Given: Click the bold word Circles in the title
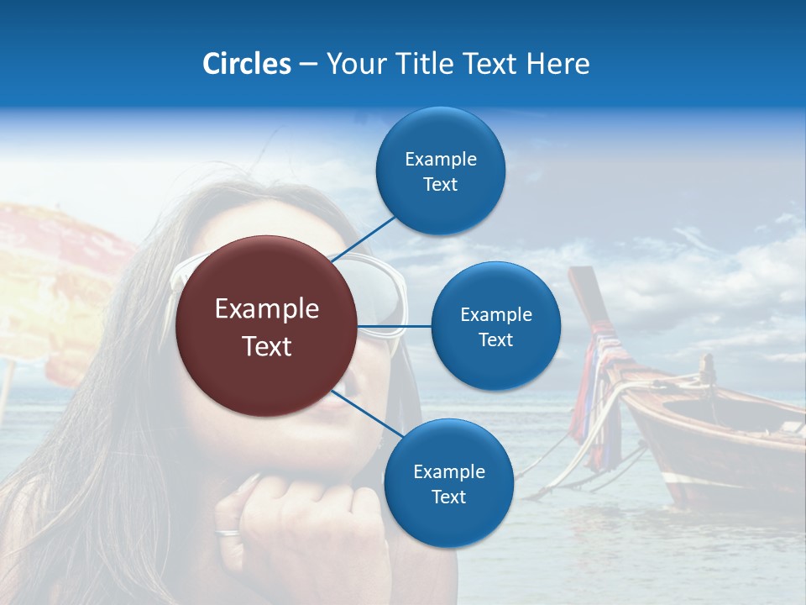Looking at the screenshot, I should coord(246,64).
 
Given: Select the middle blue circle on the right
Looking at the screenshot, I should coord(495,326).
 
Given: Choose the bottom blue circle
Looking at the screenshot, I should coord(448,483).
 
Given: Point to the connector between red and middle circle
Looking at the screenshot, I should coord(394,326).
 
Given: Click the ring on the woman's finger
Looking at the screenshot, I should coord(227,532).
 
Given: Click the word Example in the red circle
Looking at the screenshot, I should coord(266,309).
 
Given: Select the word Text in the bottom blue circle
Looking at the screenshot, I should coord(448,497).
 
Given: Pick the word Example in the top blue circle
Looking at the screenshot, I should coord(441,159).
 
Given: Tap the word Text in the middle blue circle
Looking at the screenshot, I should coord(495,339).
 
